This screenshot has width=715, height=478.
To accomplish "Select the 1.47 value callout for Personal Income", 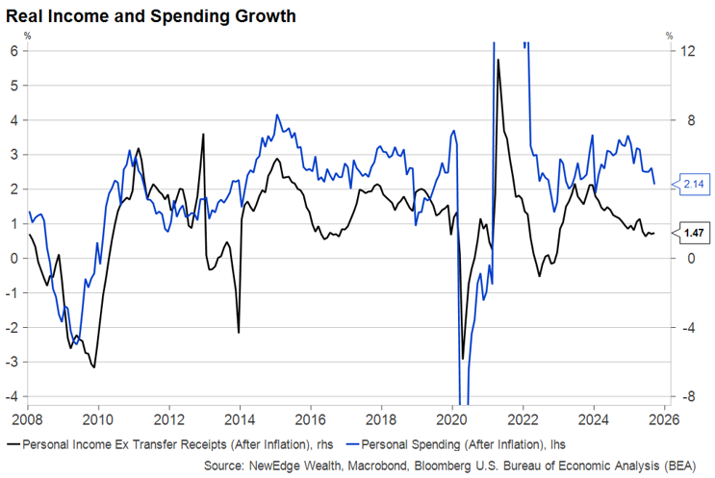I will tap(692, 233).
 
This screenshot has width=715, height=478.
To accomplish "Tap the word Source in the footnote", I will tap(224, 465).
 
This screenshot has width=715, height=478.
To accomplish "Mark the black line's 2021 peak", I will tap(498, 61).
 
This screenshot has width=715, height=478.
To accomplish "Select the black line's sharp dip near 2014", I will tap(239, 333).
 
